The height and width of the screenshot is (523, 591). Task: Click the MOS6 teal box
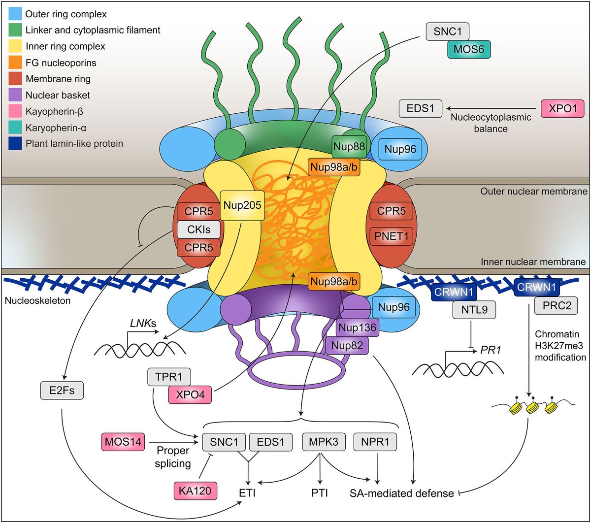point(469,50)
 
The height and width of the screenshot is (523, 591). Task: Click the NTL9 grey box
point(472,310)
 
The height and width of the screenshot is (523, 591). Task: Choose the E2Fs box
point(62,392)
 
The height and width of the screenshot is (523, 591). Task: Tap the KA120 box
point(196,490)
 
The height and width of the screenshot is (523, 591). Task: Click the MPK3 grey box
point(321,442)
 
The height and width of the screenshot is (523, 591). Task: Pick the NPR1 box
point(376,442)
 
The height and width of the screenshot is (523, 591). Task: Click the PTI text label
point(321,492)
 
